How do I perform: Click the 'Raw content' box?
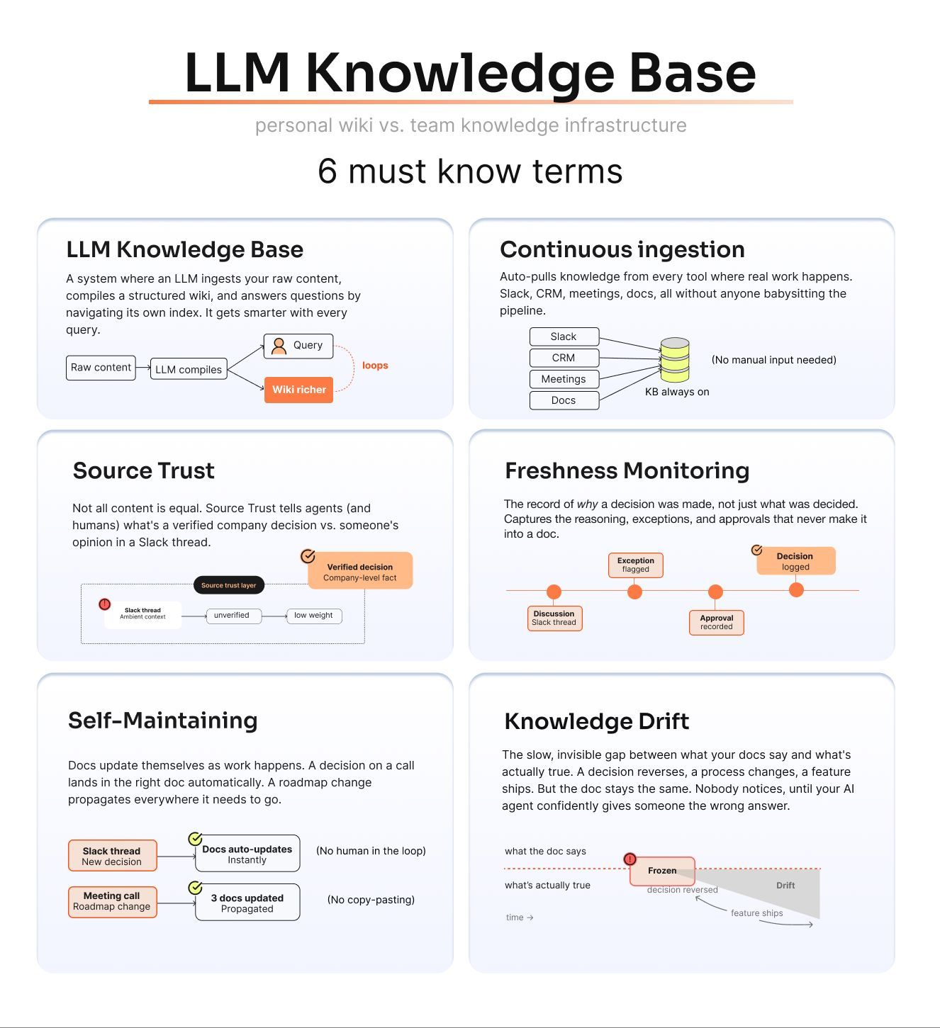(x=101, y=368)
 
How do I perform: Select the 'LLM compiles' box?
(x=188, y=369)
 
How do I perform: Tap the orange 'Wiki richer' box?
(x=298, y=390)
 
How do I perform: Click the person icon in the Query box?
(x=279, y=346)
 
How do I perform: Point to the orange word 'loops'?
(x=375, y=366)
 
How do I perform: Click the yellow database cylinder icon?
(x=674, y=359)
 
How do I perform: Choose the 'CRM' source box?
(x=564, y=358)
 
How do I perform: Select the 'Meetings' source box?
(x=564, y=379)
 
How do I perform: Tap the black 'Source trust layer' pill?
(x=229, y=584)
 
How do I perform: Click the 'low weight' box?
(x=314, y=616)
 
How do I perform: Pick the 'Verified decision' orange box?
(x=360, y=570)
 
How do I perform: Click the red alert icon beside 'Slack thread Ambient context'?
(x=105, y=604)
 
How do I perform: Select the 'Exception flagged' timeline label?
(x=635, y=565)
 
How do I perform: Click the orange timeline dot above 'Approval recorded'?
(x=715, y=592)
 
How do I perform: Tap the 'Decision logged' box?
(x=795, y=561)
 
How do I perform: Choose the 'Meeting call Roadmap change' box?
(x=112, y=901)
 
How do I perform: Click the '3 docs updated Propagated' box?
(x=247, y=903)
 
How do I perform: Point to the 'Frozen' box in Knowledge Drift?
(x=662, y=871)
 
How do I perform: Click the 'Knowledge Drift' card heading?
(x=596, y=721)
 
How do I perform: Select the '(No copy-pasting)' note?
(x=371, y=899)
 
